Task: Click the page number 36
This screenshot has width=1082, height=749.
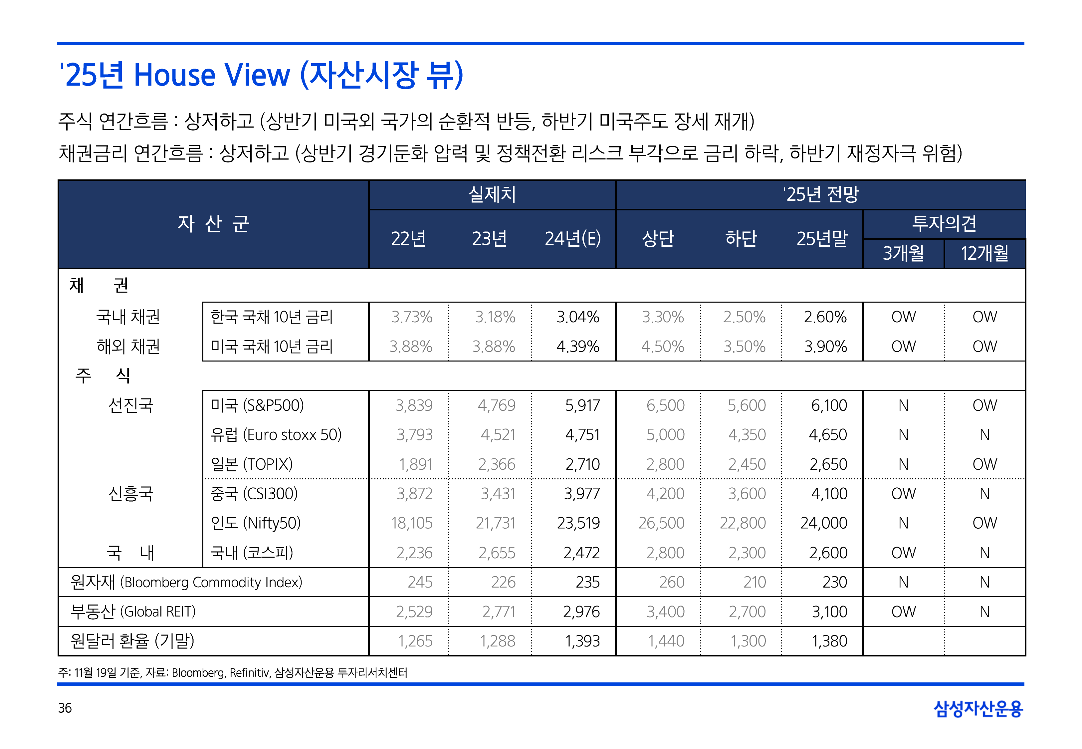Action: (x=65, y=708)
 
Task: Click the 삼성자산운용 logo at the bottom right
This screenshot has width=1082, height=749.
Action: (x=978, y=709)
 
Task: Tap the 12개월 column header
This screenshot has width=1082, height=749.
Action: (x=984, y=253)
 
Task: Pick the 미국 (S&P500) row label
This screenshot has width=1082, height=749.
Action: (x=257, y=405)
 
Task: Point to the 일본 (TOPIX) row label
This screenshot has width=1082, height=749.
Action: (x=252, y=464)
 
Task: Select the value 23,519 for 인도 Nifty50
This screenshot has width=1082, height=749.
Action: (x=578, y=523)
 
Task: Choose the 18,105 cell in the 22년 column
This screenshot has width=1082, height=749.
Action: (x=411, y=523)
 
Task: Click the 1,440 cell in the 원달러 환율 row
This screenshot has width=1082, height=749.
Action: (x=666, y=641)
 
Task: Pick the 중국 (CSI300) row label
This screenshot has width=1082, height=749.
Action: (x=254, y=494)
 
